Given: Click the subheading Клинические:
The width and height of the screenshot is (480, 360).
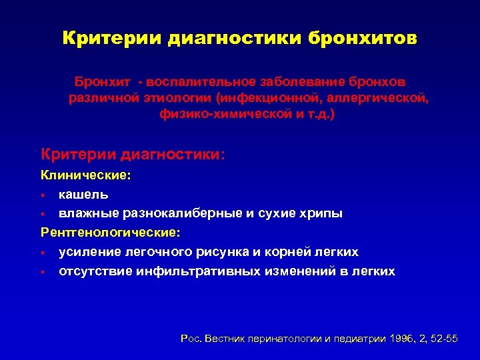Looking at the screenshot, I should [86, 176].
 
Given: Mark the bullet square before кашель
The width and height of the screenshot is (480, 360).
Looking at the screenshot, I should [43, 195].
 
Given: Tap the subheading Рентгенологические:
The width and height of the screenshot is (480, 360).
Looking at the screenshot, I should [110, 233].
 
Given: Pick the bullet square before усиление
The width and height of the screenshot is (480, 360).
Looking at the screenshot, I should [43, 253].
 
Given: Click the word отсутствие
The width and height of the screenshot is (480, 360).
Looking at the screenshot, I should [95, 271].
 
